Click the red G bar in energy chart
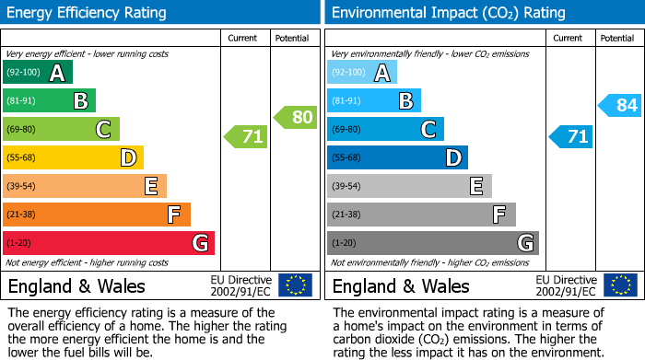point(109,243)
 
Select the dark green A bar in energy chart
point(38,73)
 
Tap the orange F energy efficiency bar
point(97,215)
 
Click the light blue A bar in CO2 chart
point(362,73)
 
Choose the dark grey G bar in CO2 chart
point(433,243)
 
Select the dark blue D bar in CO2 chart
point(397,158)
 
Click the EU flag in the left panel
point(295,285)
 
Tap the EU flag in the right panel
point(619,285)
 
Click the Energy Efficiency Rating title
point(88,13)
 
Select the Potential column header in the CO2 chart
point(617,38)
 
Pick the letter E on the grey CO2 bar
point(476,186)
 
